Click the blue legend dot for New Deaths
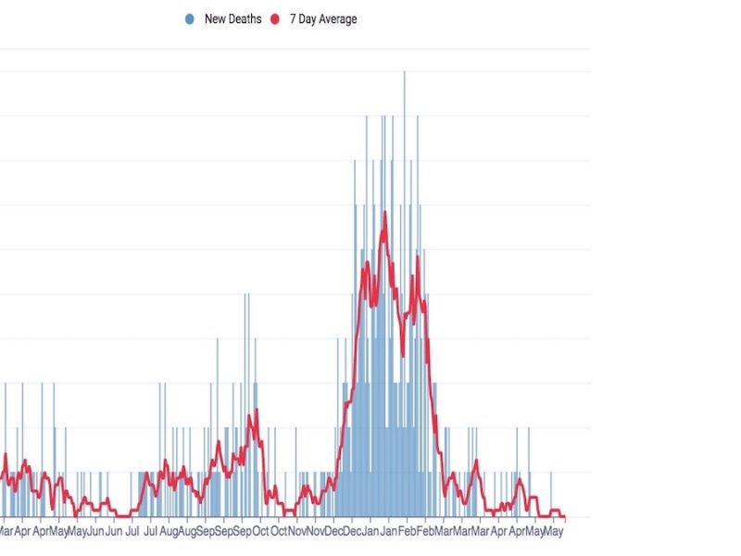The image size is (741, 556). (x=190, y=19)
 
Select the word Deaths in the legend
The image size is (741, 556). (x=245, y=19)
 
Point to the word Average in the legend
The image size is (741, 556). (x=336, y=19)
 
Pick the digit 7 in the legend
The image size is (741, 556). (x=293, y=19)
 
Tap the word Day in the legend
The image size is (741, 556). (x=307, y=19)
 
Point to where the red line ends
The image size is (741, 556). (x=563, y=516)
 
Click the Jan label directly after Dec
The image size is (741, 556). (x=371, y=532)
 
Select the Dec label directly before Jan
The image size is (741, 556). (x=353, y=532)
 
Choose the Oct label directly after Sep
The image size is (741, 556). (x=260, y=532)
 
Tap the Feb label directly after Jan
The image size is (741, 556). (x=408, y=532)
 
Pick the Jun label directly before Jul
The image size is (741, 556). (x=114, y=532)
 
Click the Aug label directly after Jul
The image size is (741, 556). (x=168, y=532)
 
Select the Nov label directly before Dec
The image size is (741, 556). (x=316, y=532)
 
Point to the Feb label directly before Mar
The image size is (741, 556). (x=426, y=532)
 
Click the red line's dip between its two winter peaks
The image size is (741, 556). (x=405, y=354)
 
